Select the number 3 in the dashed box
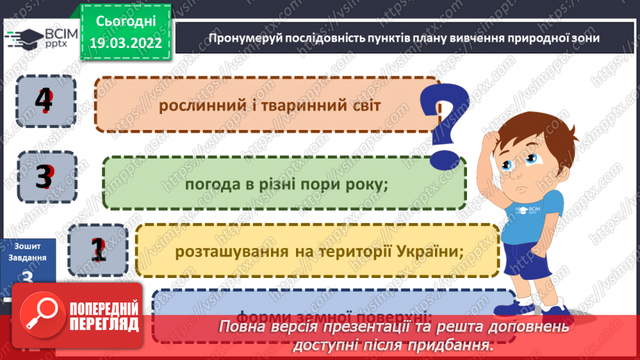tap(44, 177)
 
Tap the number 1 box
tap(99, 249)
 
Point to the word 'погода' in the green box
tap(208, 184)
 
